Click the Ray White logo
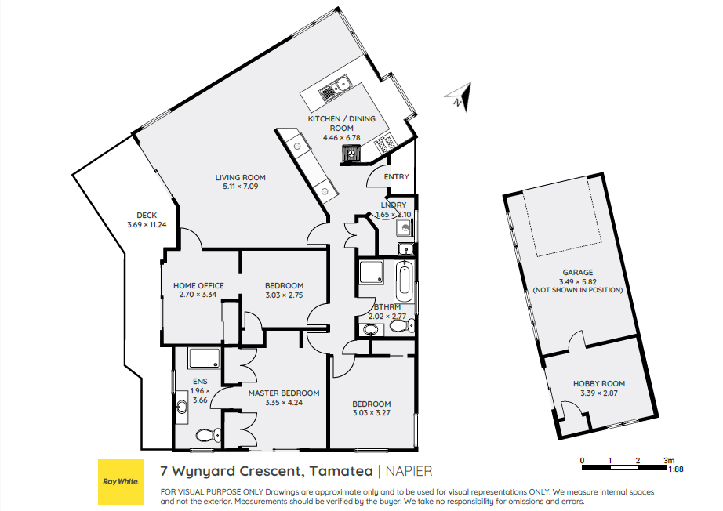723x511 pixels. click(120, 481)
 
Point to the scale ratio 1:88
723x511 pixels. click(675, 469)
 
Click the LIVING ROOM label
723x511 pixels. click(240, 177)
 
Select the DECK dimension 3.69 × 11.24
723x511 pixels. click(147, 225)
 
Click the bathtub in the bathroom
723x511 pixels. click(404, 281)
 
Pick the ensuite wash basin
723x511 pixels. click(182, 406)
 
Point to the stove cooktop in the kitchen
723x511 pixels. click(385, 143)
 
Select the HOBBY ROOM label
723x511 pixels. click(599, 383)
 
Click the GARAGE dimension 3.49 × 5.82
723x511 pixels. click(578, 281)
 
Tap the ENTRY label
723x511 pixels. click(397, 176)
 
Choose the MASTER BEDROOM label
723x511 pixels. click(284, 393)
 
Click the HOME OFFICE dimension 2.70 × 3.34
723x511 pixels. click(198, 295)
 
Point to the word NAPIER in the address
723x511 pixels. click(409, 471)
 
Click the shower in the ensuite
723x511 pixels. click(204, 358)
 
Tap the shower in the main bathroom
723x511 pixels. click(371, 272)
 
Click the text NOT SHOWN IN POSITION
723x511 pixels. click(578, 290)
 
